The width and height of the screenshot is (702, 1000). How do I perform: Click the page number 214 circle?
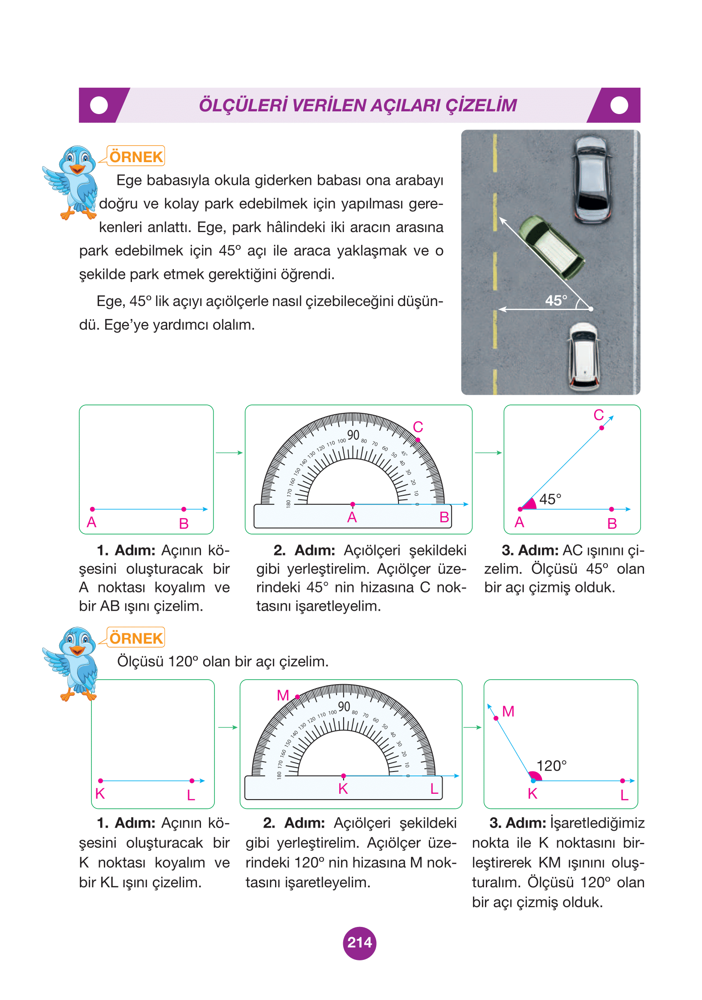coord(359,943)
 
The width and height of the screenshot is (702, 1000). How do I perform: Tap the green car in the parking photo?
coord(553,248)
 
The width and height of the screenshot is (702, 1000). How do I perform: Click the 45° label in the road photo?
coord(556,301)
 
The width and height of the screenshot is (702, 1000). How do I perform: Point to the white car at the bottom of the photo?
coord(584,355)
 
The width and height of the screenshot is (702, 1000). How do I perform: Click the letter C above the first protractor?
coord(418,427)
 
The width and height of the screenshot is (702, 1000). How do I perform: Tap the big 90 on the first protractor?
coord(353,435)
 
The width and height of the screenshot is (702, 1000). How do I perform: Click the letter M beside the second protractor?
coord(283,695)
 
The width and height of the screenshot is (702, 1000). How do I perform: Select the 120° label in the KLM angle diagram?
coord(551,766)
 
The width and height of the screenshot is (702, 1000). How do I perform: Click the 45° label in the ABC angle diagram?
coord(550,499)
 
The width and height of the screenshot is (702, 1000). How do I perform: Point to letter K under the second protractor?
coord(343,789)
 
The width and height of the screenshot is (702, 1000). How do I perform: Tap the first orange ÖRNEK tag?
coord(136,157)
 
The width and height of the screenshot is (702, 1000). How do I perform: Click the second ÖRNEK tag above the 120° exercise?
coord(136,638)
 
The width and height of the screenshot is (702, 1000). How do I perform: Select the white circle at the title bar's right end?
coord(619,106)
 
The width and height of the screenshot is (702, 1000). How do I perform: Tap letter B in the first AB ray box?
coord(184,524)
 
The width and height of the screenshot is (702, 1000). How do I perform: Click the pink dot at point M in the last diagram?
coord(496,718)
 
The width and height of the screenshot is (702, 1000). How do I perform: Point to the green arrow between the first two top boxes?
coord(229,453)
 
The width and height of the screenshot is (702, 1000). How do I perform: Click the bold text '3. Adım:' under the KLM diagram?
coord(517,823)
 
